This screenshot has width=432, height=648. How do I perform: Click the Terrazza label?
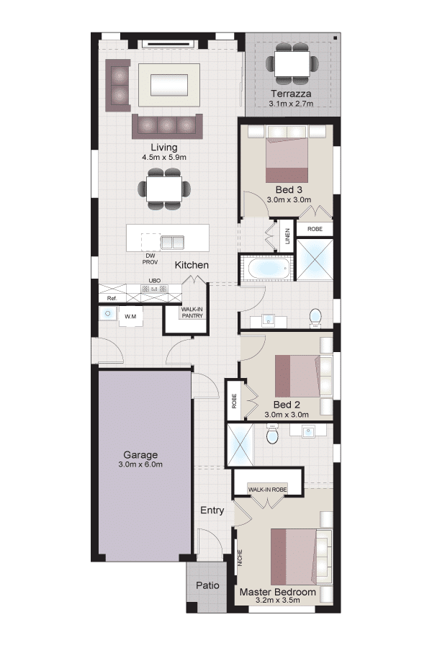click(291, 94)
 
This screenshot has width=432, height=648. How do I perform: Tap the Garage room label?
click(140, 454)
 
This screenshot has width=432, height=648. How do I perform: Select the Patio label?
click(207, 585)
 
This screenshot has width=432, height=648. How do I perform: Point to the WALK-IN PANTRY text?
click(192, 312)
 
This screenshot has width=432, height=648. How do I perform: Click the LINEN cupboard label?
click(287, 236)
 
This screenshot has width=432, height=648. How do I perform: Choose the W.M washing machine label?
click(130, 317)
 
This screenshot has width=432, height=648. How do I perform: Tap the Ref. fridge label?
click(112, 298)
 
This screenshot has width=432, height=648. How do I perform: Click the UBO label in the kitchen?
click(155, 281)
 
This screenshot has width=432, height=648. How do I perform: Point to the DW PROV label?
click(150, 259)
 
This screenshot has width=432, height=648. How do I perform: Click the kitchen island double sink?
click(172, 242)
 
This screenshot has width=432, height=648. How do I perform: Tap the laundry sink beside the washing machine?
click(108, 314)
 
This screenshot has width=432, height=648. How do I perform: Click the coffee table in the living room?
click(169, 85)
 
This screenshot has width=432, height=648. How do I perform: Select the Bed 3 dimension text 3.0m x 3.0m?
click(289, 199)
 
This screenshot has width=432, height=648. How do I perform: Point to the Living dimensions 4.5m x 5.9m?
click(164, 157)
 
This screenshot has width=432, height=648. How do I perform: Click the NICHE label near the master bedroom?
click(240, 558)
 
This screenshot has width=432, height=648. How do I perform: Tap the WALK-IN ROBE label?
click(267, 490)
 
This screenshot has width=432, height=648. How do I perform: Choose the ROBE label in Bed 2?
click(235, 401)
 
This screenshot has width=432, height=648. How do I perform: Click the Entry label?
click(212, 510)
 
